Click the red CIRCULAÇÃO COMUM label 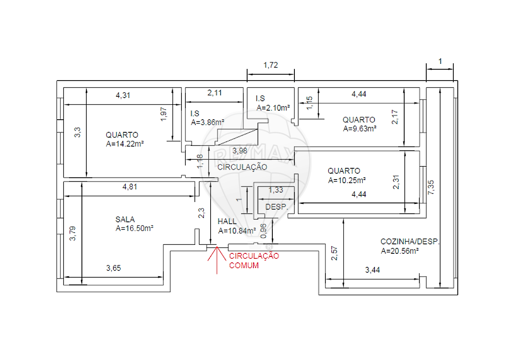coord(254,261)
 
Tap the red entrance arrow coord(217,260)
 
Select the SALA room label coord(125,220)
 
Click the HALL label coord(227,221)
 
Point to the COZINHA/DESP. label coord(410,242)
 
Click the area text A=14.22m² coord(125,144)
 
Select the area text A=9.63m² coord(360,129)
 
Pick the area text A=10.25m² coord(347,180)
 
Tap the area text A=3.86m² coord(208,122)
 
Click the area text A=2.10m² coord(273,108)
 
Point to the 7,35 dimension coord(431,188)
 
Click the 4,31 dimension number coord(123,95)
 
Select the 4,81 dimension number coord(130,187)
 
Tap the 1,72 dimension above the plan coord(271,65)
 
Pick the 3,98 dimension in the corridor coord(240,151)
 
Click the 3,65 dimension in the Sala coord(113,268)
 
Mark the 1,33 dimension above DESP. coord(276,190)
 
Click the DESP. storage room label coord(276,207)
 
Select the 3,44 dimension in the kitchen coord(372,270)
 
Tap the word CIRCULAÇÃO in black coord(242,167)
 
